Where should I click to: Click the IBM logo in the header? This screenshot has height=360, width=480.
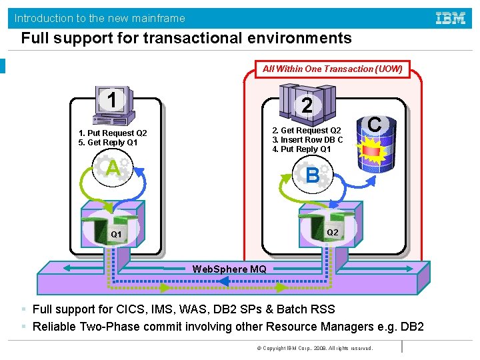tap(451, 18)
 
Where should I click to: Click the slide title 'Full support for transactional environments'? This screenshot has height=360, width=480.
tap(186, 38)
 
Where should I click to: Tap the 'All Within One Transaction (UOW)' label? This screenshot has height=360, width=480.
tap(332, 69)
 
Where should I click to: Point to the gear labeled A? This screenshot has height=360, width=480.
tap(114, 169)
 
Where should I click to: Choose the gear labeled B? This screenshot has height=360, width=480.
tap(312, 176)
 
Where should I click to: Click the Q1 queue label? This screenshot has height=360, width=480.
tap(116, 235)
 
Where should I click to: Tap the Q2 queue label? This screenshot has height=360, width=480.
tap(332, 232)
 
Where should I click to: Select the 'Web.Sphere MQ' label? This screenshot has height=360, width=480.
tap(229, 269)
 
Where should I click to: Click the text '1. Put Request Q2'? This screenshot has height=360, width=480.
tap(112, 133)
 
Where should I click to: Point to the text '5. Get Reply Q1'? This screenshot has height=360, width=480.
tap(107, 143)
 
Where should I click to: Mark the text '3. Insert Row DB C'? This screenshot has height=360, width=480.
tap(307, 140)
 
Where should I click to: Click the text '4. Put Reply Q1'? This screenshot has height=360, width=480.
tap(301, 149)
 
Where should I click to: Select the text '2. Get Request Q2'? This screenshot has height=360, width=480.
tap(306, 131)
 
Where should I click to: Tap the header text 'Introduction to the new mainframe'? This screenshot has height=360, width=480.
tap(100, 18)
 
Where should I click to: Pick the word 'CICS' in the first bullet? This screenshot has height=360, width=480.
tap(131, 309)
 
